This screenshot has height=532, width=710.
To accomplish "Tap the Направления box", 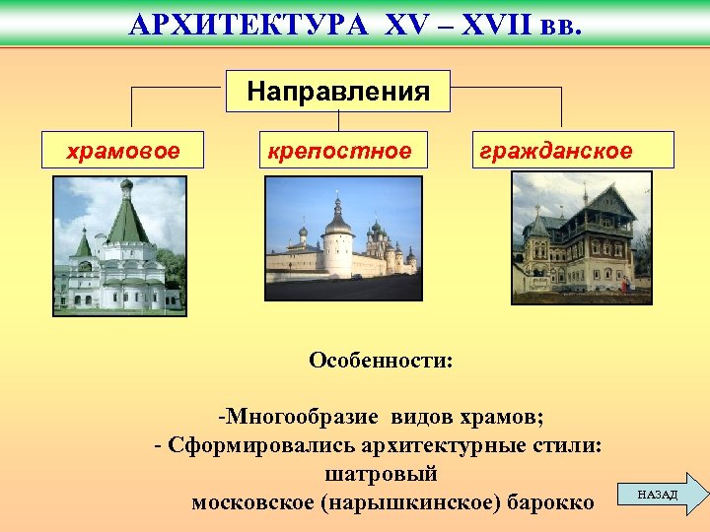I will tap(338, 92).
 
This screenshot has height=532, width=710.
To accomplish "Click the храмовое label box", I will tap(122, 151).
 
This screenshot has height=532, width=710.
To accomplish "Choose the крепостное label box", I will tap(338, 151).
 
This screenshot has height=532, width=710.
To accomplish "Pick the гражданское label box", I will tap(573, 151).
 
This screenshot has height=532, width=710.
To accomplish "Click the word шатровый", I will tap(381, 474).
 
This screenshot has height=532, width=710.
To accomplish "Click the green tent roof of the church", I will tap(126, 223).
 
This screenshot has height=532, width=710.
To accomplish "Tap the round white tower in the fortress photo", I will tap(338, 246).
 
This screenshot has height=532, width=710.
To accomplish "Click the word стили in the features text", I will tap(565, 444).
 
